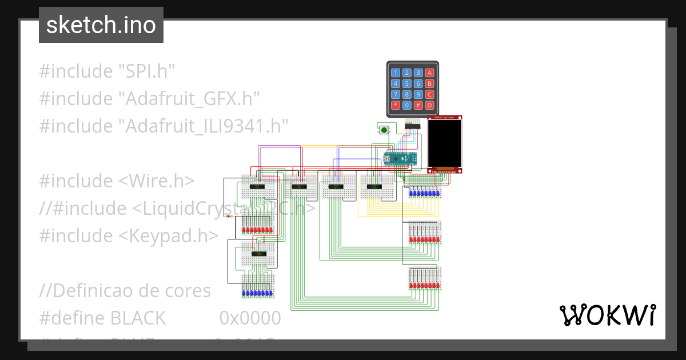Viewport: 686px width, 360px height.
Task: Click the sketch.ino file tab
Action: click(101, 25)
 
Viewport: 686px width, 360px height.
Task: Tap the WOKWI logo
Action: click(607, 315)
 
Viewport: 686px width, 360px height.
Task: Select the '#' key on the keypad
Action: click(418, 105)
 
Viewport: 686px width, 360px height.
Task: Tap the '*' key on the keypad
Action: click(395, 105)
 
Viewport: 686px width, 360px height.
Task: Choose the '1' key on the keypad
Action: click(395, 73)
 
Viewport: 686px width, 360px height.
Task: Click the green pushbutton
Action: click(384, 130)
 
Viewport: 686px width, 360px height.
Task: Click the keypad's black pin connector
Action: click(412, 125)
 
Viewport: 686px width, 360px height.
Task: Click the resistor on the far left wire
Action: click(230, 217)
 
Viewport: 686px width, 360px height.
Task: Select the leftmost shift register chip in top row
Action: click(260, 186)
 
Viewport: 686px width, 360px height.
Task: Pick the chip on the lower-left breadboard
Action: click(260, 253)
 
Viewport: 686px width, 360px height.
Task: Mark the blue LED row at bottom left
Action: click(257, 293)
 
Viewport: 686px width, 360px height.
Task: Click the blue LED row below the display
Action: click(424, 194)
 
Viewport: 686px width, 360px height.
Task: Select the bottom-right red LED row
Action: click(424, 285)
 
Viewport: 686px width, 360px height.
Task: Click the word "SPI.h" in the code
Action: click(146, 71)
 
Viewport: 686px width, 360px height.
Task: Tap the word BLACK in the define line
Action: click(138, 317)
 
